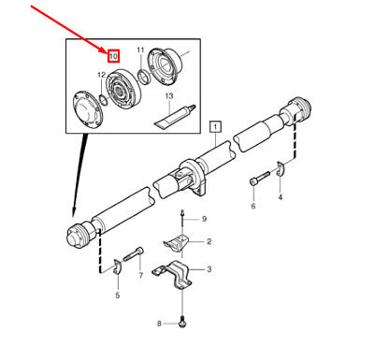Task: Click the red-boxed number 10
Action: (x=113, y=56)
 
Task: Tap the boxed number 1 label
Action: (x=216, y=127)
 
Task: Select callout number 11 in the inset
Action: (x=140, y=50)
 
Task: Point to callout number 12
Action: (x=101, y=75)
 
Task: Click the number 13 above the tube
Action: (x=169, y=96)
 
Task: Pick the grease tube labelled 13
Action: (x=175, y=117)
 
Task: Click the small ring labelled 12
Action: (x=103, y=99)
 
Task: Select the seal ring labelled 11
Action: (x=144, y=77)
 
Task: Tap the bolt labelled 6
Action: (x=259, y=179)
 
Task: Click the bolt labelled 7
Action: (x=134, y=254)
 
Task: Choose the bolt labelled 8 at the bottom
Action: (x=181, y=323)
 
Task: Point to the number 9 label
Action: (x=204, y=219)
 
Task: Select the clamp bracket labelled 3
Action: (x=172, y=274)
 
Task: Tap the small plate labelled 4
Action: (x=281, y=168)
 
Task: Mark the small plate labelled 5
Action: (x=117, y=267)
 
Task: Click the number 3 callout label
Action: (x=209, y=268)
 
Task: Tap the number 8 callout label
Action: (x=159, y=324)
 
